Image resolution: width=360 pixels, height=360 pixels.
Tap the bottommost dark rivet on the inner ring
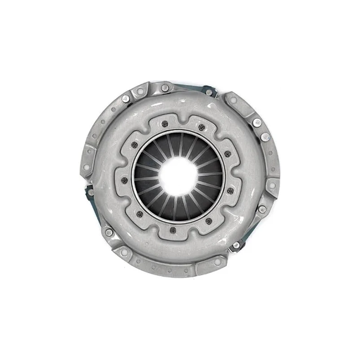(x=173, y=230)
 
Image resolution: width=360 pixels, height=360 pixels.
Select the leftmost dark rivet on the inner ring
(x=125, y=180)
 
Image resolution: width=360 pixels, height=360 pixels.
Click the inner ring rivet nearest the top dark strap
(x=201, y=127)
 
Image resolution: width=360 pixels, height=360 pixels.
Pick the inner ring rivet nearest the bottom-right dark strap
(x=209, y=220)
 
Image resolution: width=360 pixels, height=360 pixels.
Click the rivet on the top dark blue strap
(x=209, y=92)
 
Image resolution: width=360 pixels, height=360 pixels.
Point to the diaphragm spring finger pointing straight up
(x=179, y=144)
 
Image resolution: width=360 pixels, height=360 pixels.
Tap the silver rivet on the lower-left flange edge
(x=109, y=232)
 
